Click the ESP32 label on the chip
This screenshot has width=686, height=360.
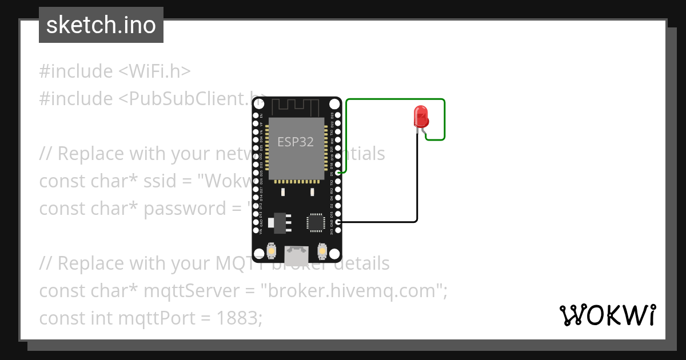(296, 142)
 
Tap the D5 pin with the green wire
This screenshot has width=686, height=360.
(338, 173)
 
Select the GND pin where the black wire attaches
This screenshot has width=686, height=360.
(338, 222)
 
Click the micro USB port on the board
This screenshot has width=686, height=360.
(297, 252)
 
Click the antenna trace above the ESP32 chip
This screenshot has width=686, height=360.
(296, 106)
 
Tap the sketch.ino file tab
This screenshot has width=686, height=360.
(101, 25)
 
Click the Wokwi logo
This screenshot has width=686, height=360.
(608, 315)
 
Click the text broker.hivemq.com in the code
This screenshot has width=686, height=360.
(352, 291)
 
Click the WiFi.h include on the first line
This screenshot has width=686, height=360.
(154, 71)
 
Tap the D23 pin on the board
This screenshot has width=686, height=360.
(338, 115)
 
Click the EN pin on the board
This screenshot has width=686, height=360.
(255, 115)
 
